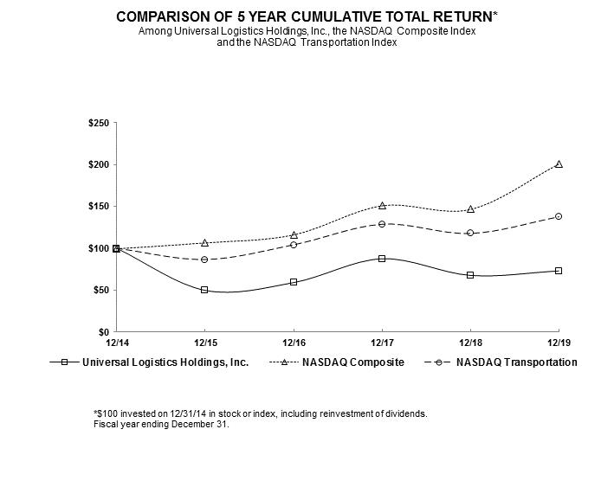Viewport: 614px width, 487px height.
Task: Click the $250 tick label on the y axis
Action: pyautogui.click(x=97, y=123)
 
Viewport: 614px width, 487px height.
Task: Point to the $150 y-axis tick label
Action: pyautogui.click(x=97, y=207)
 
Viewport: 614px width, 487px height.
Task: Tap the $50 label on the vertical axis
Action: pyautogui.click(x=100, y=291)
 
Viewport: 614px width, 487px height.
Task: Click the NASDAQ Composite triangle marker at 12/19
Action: pyautogui.click(x=559, y=163)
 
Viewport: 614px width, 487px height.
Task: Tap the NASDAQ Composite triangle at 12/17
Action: pyautogui.click(x=382, y=205)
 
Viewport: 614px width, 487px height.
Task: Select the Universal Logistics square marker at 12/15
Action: pyautogui.click(x=204, y=290)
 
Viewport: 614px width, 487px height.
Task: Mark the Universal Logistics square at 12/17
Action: pyautogui.click(x=382, y=259)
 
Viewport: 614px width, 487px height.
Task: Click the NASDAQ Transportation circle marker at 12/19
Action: pyautogui.click(x=559, y=216)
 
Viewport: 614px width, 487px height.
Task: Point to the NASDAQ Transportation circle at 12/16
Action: pyautogui.click(x=294, y=245)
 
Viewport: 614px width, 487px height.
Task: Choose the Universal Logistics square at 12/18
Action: pyautogui.click(x=470, y=275)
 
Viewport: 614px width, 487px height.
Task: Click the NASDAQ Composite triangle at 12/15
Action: pyautogui.click(x=204, y=243)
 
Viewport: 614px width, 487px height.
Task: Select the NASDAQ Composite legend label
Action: pyautogui.click(x=352, y=362)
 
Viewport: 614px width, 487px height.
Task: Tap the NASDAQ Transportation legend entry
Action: pyautogui.click(x=516, y=362)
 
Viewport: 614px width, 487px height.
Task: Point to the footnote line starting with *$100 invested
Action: pyautogui.click(x=260, y=413)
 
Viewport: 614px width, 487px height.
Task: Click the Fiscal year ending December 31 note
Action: pyautogui.click(x=160, y=424)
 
